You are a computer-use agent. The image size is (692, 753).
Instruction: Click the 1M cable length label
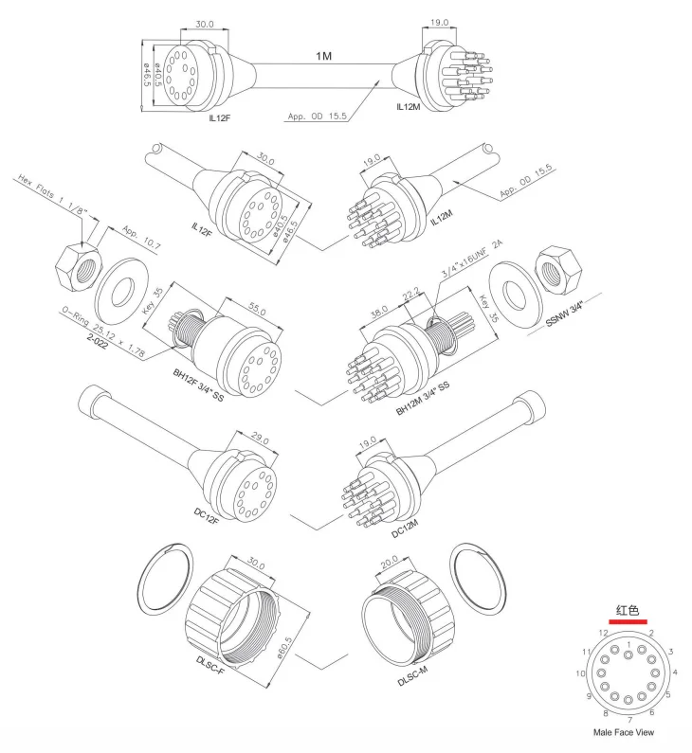coord(324,57)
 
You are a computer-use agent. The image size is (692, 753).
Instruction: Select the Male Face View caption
coord(623,733)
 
